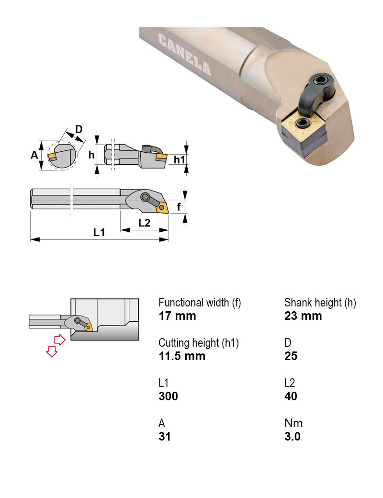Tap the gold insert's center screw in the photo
(303, 124)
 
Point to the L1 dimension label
(99, 233)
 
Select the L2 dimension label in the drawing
(144, 223)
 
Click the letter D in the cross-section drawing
(79, 129)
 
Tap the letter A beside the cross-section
(34, 155)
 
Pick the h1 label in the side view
(179, 159)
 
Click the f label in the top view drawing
(179, 207)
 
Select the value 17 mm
(177, 316)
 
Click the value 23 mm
(303, 316)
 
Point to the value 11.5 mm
(182, 356)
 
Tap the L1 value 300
(168, 396)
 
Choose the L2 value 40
(291, 396)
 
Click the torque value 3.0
(292, 437)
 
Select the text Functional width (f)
(200, 303)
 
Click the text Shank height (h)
(320, 303)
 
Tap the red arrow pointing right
(59, 340)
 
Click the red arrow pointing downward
(50, 352)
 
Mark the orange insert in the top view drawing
(162, 207)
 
